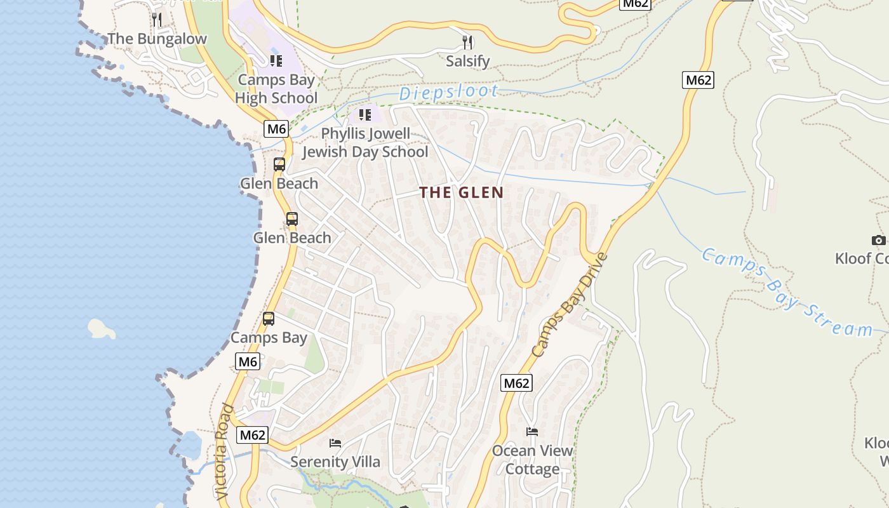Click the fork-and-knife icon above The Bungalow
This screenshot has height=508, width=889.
point(157,20)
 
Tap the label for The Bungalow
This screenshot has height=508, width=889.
point(157,39)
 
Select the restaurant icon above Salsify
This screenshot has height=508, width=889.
point(467,43)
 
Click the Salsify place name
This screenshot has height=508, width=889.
point(467,61)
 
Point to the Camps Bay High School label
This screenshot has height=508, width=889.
point(276,89)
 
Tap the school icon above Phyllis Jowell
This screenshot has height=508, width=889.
point(364,115)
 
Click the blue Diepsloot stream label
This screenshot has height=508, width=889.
point(448,93)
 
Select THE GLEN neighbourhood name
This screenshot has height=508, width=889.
point(462,192)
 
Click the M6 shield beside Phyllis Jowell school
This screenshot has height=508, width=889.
point(276,129)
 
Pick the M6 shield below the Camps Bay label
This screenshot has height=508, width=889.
point(248,362)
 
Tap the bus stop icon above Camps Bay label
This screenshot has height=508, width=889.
point(269,319)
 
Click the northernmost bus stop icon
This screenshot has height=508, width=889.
point(279,164)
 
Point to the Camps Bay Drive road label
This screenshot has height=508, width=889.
point(570,305)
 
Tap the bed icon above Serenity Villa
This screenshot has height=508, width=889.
point(335,443)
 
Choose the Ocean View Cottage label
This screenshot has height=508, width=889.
point(532,460)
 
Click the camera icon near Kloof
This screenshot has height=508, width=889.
point(878,240)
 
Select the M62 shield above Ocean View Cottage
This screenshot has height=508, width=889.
point(516,383)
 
